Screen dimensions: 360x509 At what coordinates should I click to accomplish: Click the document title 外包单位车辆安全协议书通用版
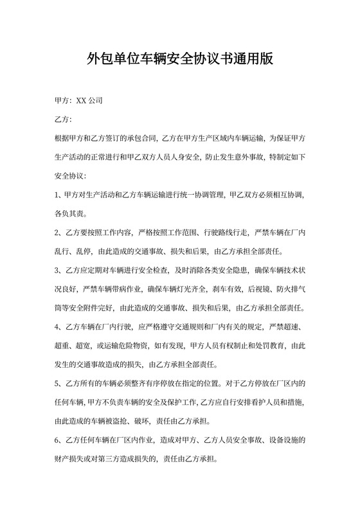(180, 60)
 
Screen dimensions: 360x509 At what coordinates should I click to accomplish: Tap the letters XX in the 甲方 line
(82, 101)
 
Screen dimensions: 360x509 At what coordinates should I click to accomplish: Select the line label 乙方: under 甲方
(64, 120)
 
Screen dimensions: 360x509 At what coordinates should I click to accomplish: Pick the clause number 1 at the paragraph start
(59, 194)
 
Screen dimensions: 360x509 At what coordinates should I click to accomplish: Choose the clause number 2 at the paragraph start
(59, 231)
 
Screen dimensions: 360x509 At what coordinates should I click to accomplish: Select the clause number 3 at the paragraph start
(59, 269)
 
